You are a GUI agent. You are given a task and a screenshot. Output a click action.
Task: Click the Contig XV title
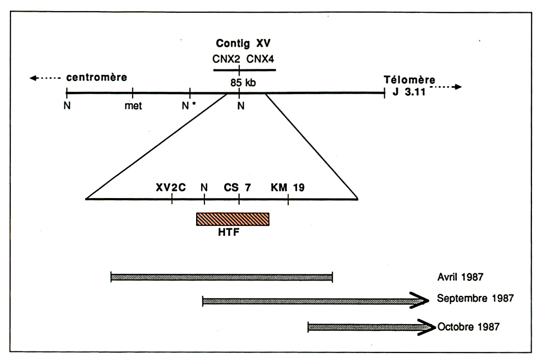coord(243,43)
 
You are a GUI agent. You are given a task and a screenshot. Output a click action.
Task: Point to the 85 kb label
coord(243,83)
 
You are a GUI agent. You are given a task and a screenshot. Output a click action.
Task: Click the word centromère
coord(97,77)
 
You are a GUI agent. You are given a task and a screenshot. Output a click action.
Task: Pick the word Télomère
coord(409,80)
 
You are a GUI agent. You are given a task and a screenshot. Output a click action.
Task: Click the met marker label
coord(133,106)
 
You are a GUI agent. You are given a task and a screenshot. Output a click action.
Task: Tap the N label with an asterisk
coord(187,106)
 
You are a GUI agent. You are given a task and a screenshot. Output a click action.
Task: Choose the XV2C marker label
coord(171,188)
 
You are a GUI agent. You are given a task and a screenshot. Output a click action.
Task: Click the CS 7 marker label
coord(237,188)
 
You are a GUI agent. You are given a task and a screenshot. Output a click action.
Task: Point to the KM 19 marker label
coord(287,188)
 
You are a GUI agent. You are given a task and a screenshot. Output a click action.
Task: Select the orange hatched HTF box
coord(233,219)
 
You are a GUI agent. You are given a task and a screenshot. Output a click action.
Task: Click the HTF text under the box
coord(228,232)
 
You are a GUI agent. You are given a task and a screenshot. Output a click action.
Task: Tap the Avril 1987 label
coord(460,277)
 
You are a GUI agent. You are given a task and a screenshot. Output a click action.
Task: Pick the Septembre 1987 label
coord(475,298)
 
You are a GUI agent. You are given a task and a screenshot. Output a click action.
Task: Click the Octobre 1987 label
coord(468,327)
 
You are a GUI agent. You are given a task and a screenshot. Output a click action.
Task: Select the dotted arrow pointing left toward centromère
coord(45,78)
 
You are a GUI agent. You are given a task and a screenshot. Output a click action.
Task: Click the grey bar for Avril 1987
coord(222,277)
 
